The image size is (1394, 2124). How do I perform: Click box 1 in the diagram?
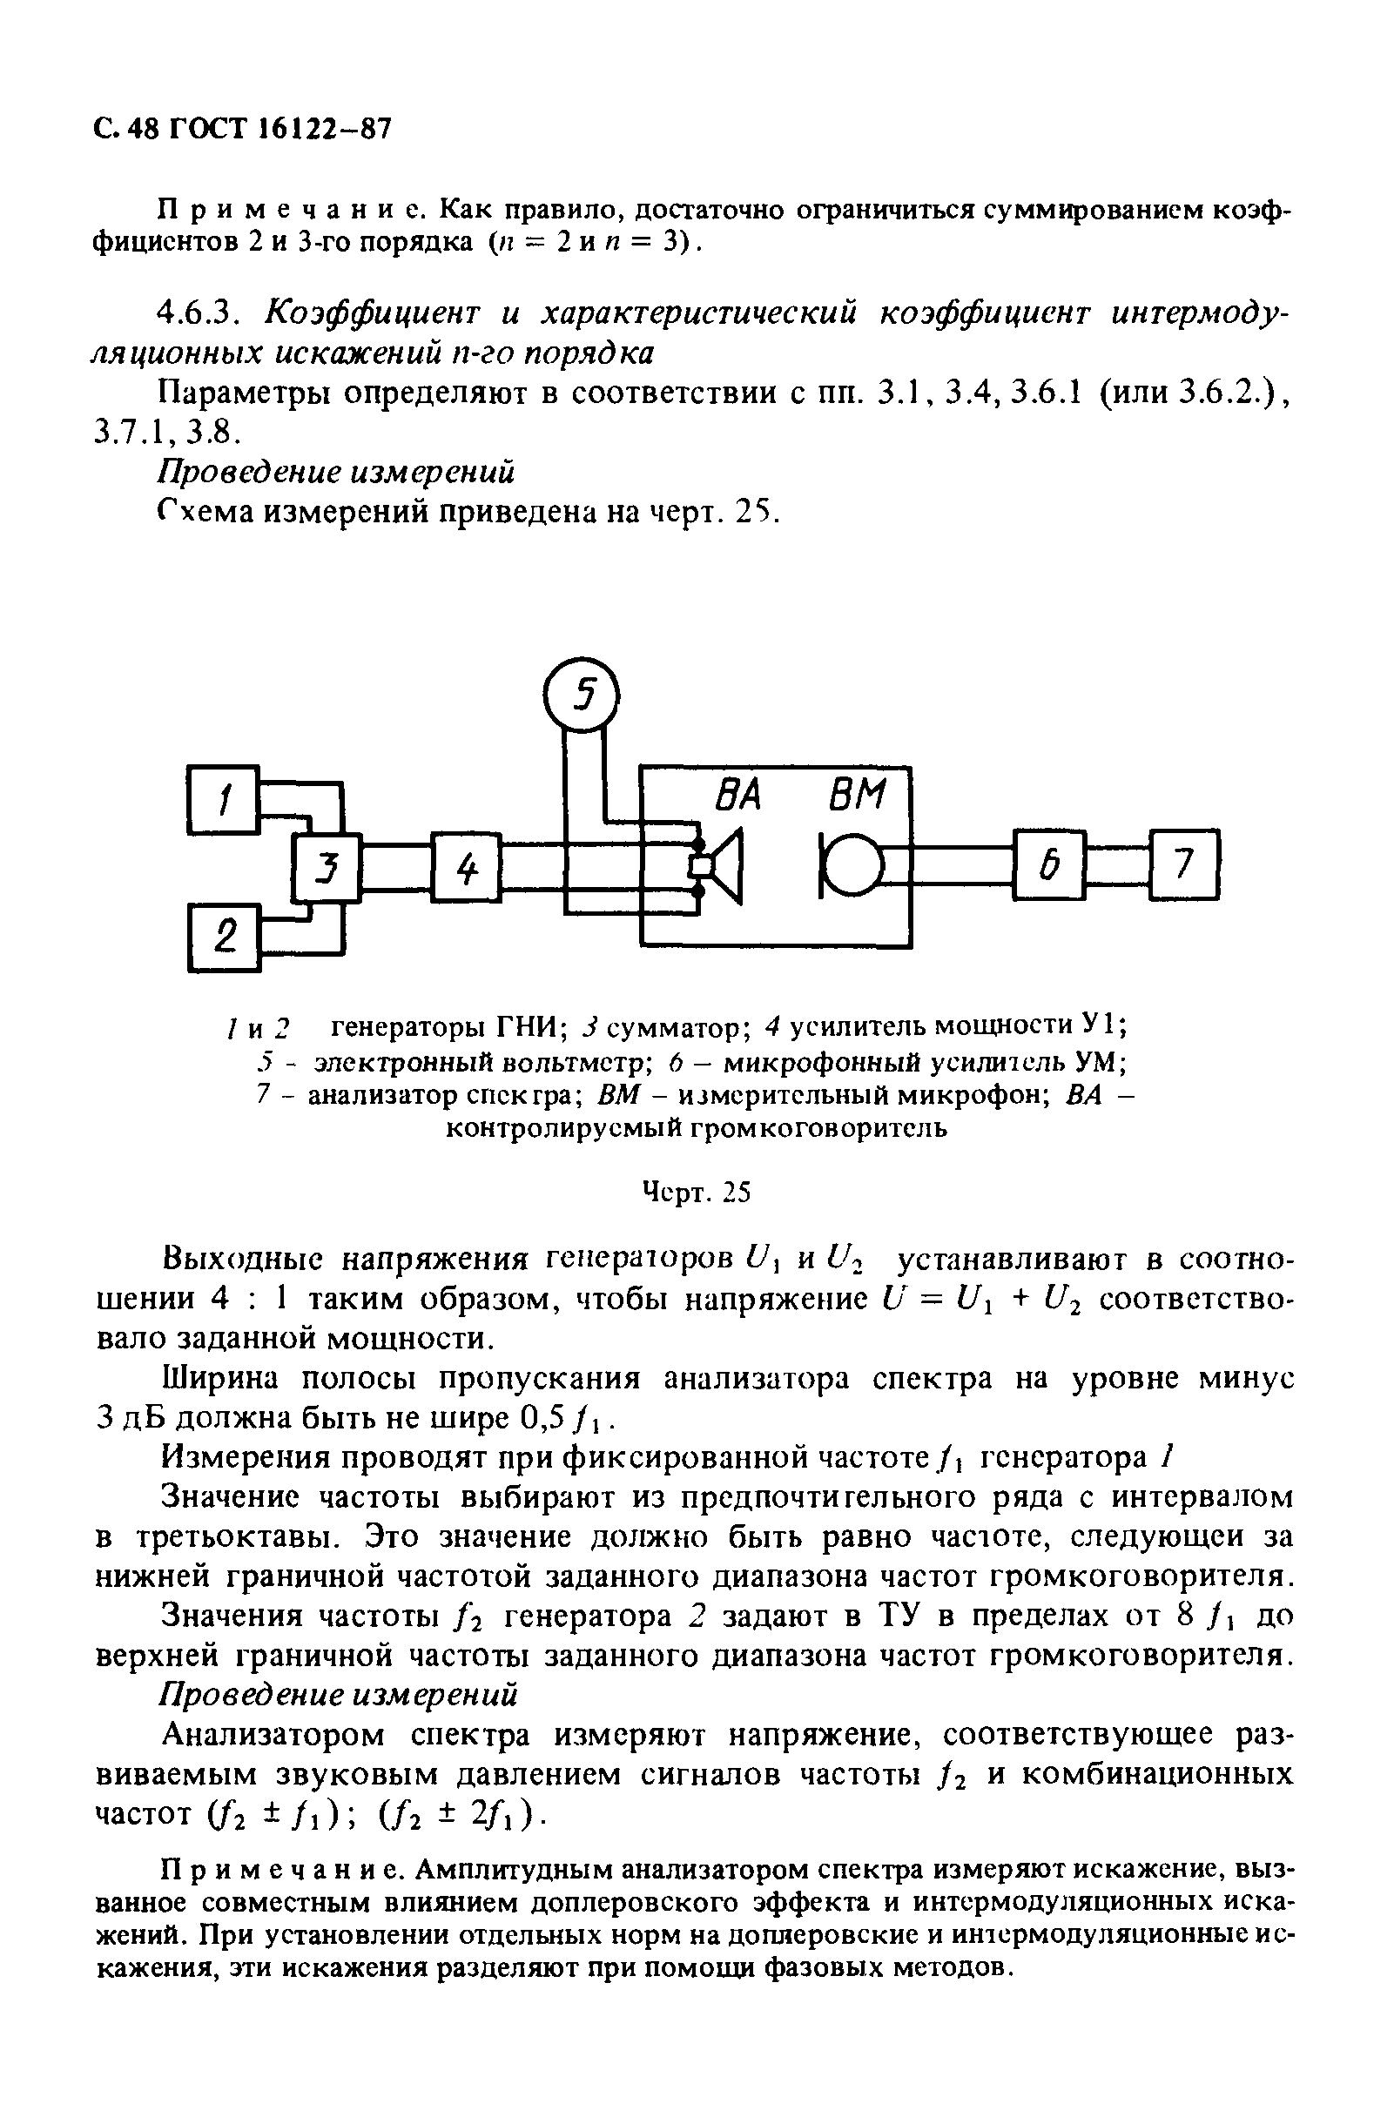223,799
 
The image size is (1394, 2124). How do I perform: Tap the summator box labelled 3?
327,866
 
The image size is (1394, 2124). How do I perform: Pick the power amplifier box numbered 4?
466,866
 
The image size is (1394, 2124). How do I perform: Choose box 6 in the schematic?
1049,864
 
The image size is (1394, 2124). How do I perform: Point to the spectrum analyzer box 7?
1183,864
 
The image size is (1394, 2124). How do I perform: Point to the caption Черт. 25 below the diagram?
696,1193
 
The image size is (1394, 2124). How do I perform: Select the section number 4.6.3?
199,313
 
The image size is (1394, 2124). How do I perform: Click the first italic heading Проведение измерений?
336,471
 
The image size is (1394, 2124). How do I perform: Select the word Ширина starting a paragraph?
222,1379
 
